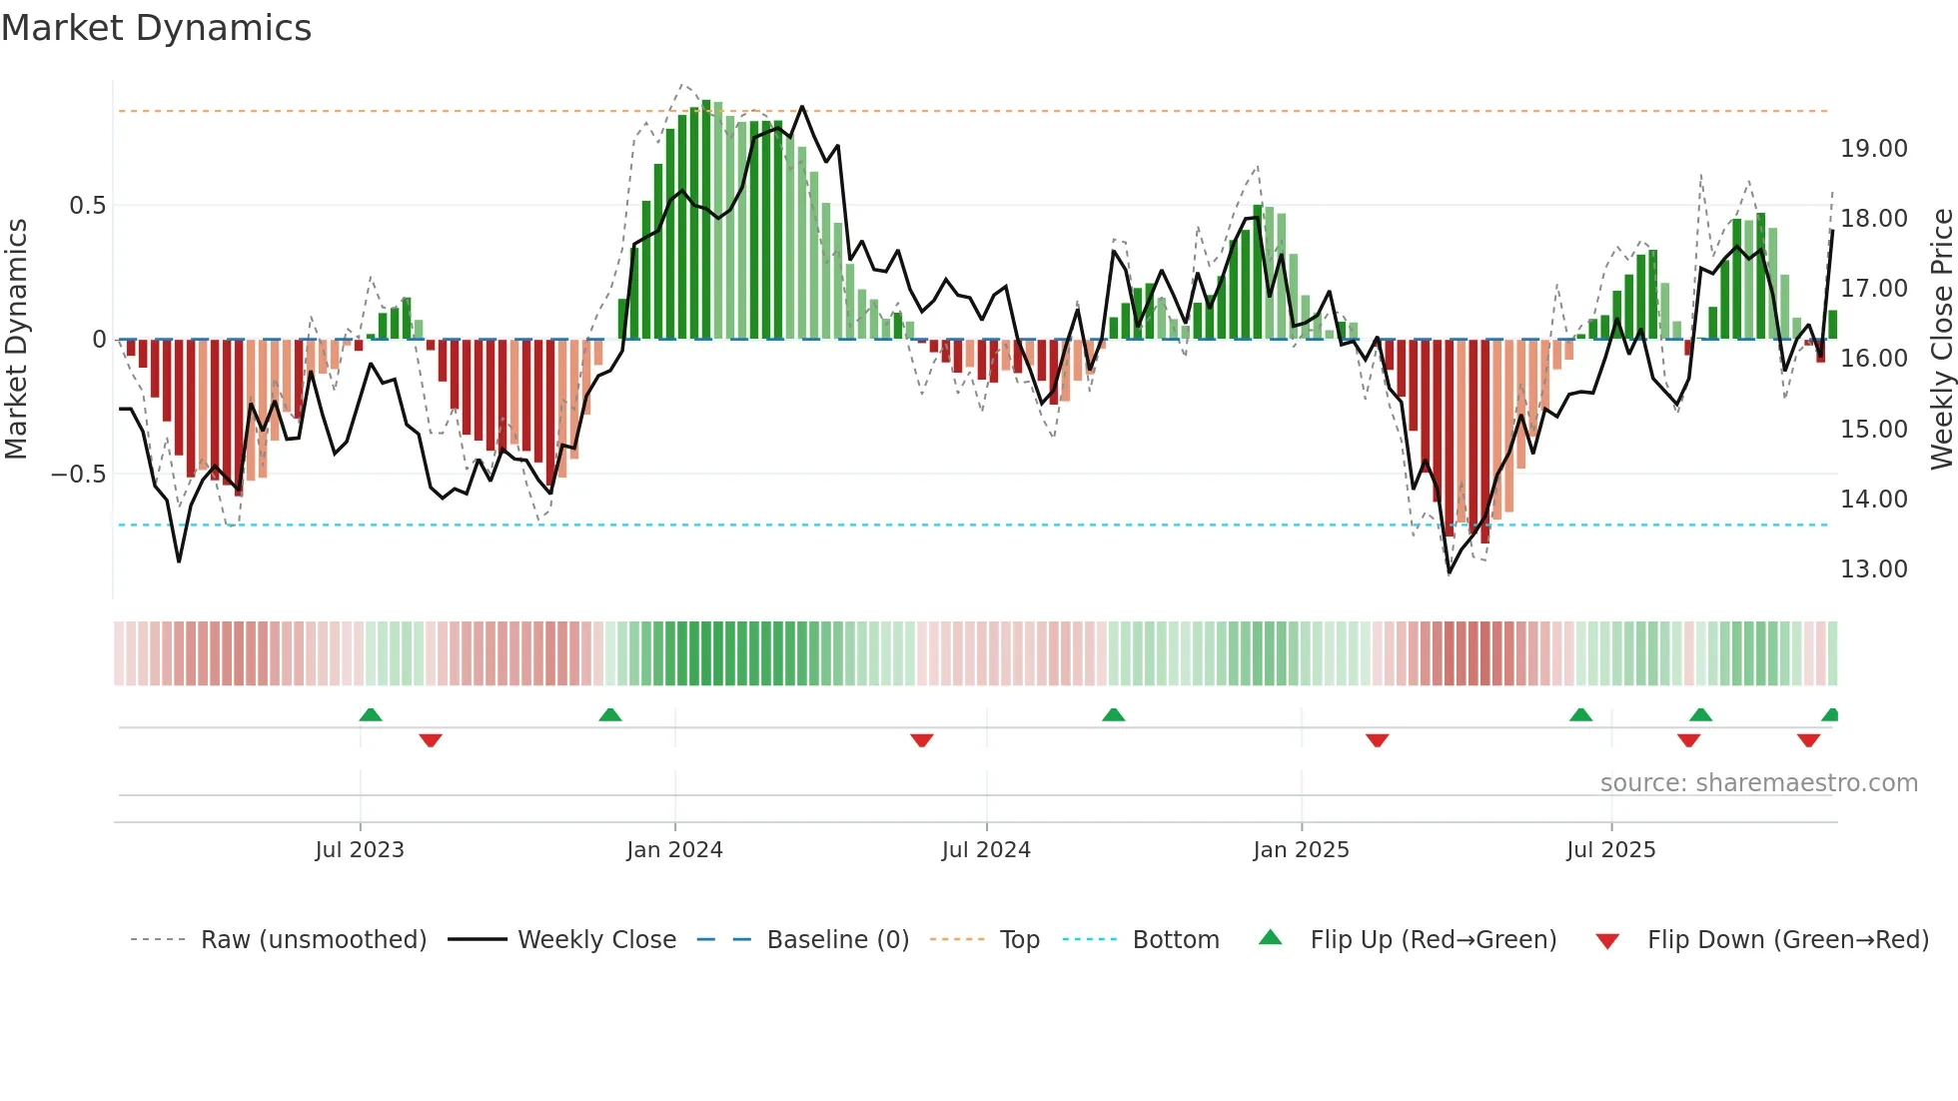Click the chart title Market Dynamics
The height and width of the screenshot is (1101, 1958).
click(157, 28)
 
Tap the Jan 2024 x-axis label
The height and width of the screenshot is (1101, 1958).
click(674, 850)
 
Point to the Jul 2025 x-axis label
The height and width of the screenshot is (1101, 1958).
click(1610, 850)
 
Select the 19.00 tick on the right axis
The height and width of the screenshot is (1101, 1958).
click(1873, 149)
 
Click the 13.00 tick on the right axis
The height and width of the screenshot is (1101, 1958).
click(1873, 569)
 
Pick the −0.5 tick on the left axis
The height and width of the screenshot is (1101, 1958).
click(78, 475)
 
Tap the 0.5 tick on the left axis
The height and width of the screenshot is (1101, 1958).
click(87, 206)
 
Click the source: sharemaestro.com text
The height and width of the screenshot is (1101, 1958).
click(1758, 783)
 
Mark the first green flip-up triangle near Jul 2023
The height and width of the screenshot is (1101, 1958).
click(371, 714)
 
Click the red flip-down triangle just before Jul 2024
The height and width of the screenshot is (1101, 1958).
click(922, 740)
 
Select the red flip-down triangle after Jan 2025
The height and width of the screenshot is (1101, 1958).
click(1377, 740)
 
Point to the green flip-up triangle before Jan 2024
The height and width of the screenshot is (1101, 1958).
click(610, 714)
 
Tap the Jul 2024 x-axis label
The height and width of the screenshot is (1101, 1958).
click(986, 850)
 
